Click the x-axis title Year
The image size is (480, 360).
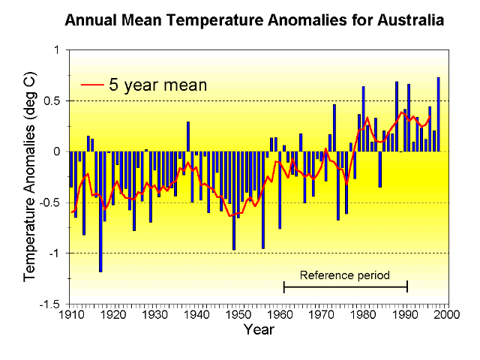point(258,329)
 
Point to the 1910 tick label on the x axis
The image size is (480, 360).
point(71,315)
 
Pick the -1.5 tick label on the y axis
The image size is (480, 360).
point(53,304)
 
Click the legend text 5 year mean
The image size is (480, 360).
point(157,84)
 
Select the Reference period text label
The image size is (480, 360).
point(345,274)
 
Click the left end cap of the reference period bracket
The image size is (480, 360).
point(283,286)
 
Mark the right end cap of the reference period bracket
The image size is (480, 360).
point(407,286)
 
